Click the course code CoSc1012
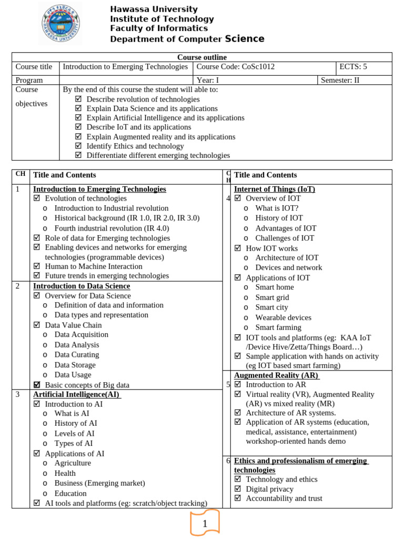click(x=236, y=67)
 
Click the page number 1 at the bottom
click(x=205, y=524)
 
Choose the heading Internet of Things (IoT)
click(x=275, y=189)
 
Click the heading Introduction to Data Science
click(x=82, y=286)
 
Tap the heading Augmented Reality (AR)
click(x=276, y=375)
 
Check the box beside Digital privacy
click(x=238, y=489)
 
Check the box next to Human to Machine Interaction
click(x=37, y=266)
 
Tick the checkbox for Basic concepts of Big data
click(x=37, y=385)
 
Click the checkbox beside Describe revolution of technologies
click(x=78, y=99)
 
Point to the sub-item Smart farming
click(x=278, y=327)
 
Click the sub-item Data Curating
click(x=77, y=355)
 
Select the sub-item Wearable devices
click(x=283, y=317)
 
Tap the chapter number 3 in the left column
click(x=18, y=394)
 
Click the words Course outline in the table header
click(x=202, y=57)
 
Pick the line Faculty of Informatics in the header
click(x=159, y=28)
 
